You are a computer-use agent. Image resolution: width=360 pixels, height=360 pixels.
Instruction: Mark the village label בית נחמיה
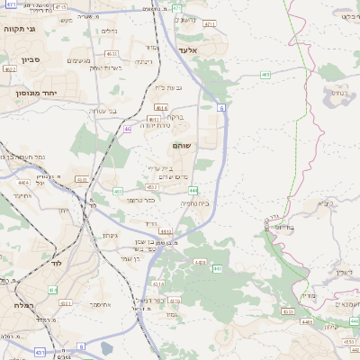point(194,203)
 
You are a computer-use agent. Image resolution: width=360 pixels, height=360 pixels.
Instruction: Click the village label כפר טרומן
point(142,200)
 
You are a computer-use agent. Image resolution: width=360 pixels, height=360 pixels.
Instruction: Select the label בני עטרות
point(102,111)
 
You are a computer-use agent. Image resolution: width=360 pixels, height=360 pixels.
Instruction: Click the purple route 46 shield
point(128,129)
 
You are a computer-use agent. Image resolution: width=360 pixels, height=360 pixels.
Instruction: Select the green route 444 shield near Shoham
point(193,190)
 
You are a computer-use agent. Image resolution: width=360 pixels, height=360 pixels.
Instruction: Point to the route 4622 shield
point(10,68)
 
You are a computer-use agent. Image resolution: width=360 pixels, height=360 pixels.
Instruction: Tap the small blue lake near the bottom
point(107,349)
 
